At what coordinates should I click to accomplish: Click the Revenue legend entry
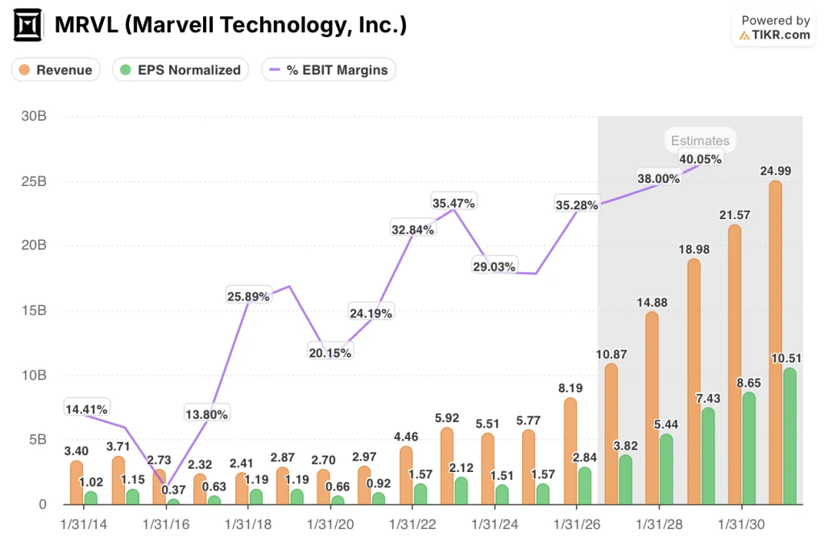pyautogui.click(x=56, y=70)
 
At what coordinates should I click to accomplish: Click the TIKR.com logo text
pyautogui.click(x=774, y=35)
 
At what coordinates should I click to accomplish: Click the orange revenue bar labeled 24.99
pyautogui.click(x=775, y=342)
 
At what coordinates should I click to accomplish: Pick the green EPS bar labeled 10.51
pyautogui.click(x=790, y=436)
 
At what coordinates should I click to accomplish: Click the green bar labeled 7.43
pyautogui.click(x=707, y=456)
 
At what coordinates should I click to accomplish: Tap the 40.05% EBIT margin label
pyautogui.click(x=699, y=159)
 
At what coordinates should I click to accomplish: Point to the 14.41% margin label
pyautogui.click(x=85, y=409)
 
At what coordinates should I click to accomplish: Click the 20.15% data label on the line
pyautogui.click(x=331, y=351)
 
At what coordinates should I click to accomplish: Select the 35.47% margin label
pyautogui.click(x=454, y=201)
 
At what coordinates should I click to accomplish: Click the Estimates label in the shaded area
pyautogui.click(x=699, y=140)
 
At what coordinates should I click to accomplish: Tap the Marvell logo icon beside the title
pyautogui.click(x=28, y=27)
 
